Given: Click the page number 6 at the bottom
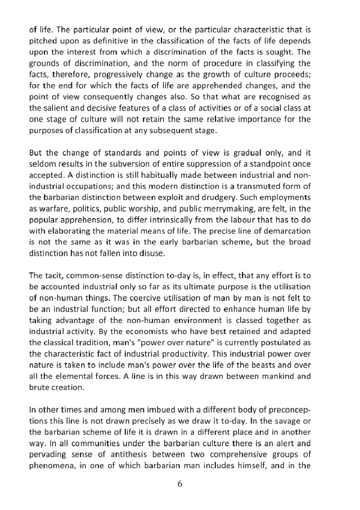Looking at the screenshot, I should pyautogui.click(x=180, y=484).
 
